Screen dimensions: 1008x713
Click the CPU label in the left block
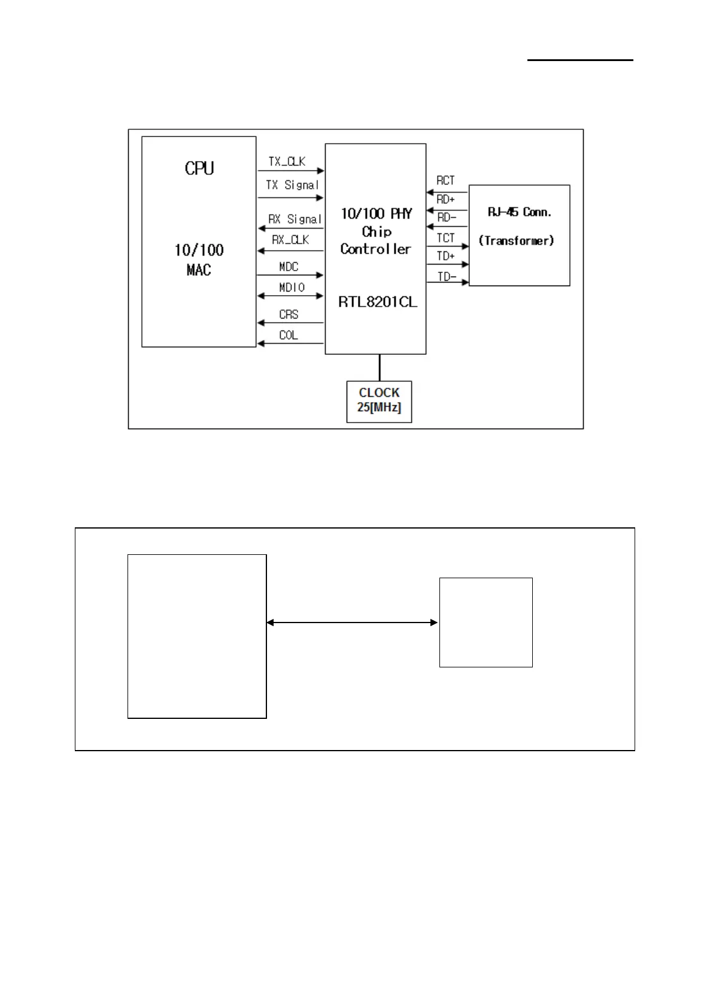click(199, 168)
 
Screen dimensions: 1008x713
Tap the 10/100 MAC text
click(199, 260)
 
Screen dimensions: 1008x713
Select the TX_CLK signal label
click(287, 162)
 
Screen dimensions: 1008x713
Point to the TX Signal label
click(292, 185)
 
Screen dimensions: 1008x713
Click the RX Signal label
click(295, 219)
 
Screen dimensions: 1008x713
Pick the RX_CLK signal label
click(290, 239)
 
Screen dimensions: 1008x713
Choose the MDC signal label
click(289, 266)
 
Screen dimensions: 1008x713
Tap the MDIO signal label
click(292, 287)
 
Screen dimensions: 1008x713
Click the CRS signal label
click(289, 314)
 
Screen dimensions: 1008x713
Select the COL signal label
click(289, 335)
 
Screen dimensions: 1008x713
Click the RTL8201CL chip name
click(377, 302)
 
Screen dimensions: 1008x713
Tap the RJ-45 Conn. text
click(519, 212)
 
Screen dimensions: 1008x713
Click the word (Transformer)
click(516, 241)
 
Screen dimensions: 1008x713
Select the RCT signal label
click(445, 180)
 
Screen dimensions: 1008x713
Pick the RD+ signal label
click(445, 199)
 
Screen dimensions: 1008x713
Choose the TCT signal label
click(445, 238)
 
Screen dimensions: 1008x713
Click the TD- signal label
click(447, 277)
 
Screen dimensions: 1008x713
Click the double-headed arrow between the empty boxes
click(352, 623)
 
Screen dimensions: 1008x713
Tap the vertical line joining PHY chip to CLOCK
click(379, 368)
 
